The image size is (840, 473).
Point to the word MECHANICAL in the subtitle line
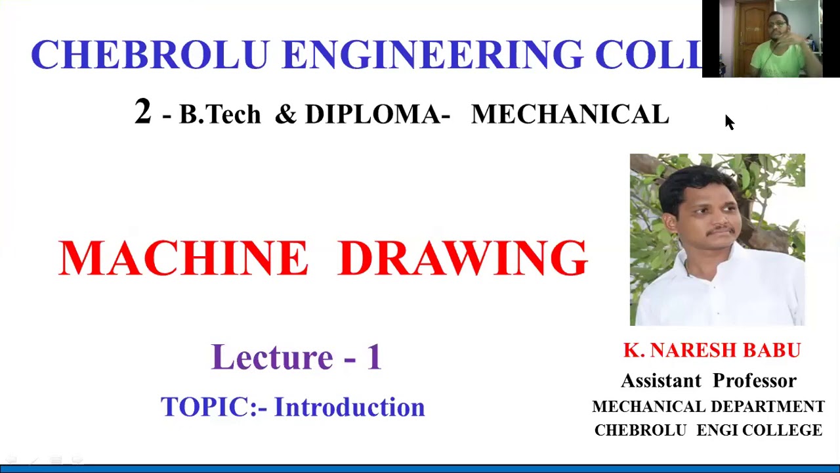(x=570, y=115)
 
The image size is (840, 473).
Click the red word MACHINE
(x=182, y=258)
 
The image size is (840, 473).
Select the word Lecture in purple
(x=272, y=357)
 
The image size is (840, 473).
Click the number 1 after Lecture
(x=373, y=357)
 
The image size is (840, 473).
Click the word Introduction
(x=349, y=407)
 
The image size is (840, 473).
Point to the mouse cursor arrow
(x=729, y=122)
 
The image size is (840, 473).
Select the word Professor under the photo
(x=755, y=381)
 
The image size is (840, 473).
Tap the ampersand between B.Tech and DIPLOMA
(x=285, y=115)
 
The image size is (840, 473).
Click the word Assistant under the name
(x=661, y=381)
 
